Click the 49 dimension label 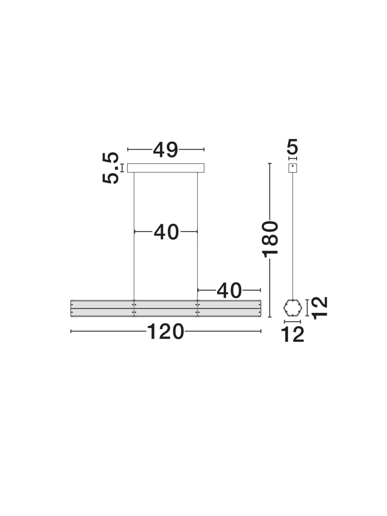[x=165, y=150]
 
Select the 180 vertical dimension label [x=270, y=239]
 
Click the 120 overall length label [x=165, y=332]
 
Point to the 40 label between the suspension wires [x=166, y=232]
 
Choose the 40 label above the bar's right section [x=229, y=291]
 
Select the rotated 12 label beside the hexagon [x=320, y=308]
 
